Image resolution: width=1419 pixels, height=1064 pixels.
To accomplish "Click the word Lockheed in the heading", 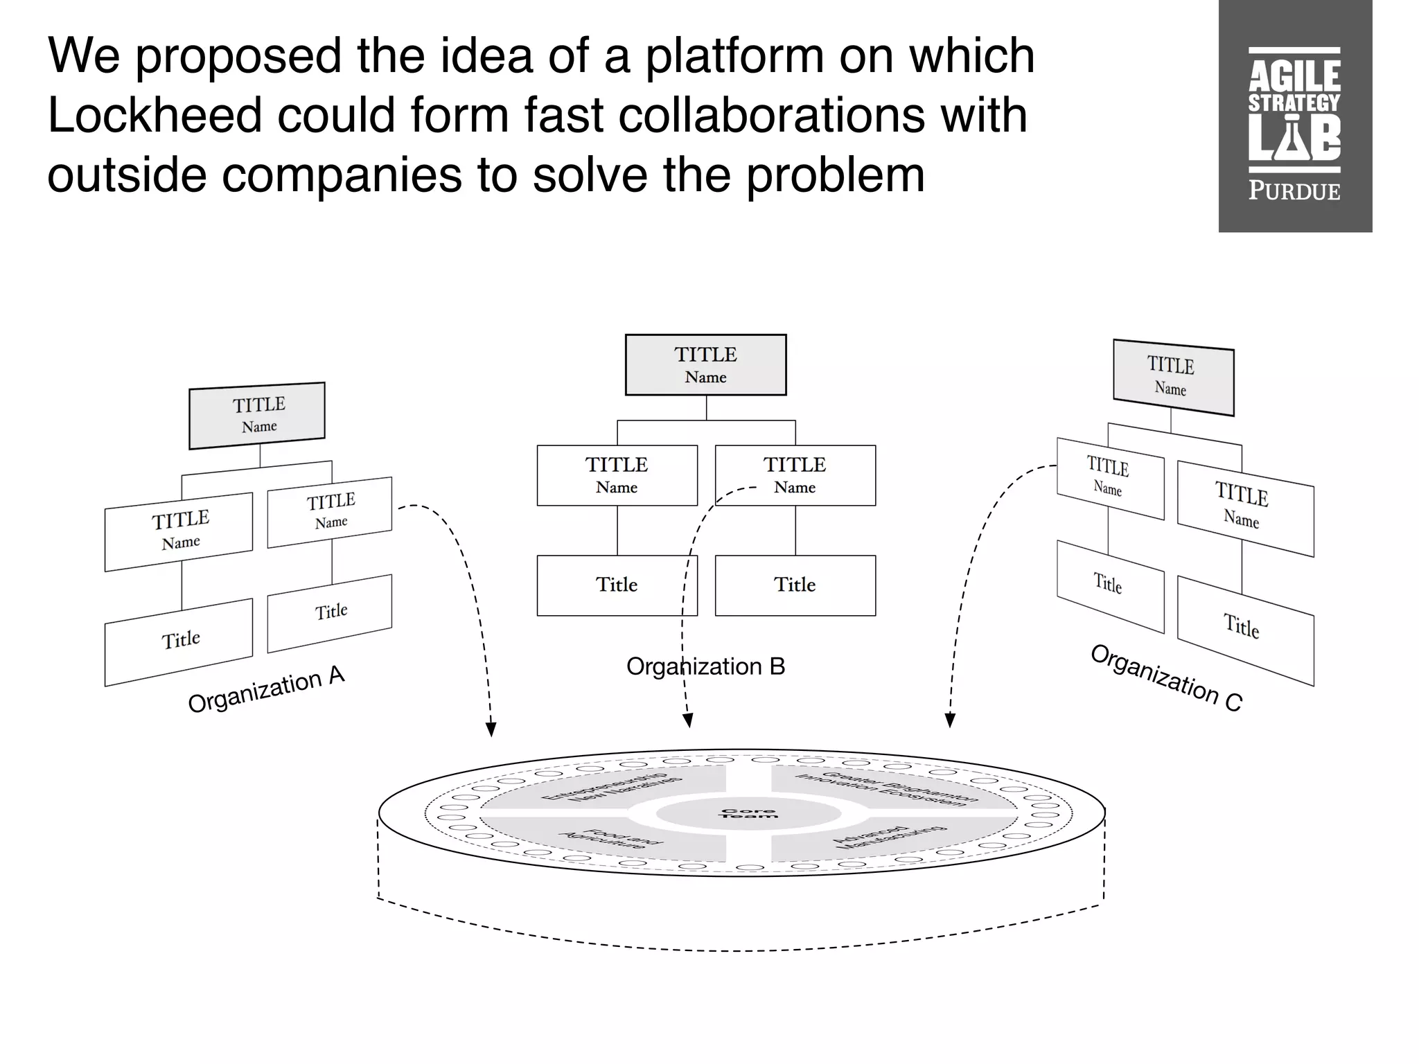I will (x=155, y=114).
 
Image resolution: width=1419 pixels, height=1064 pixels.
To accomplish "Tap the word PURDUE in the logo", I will (x=1294, y=190).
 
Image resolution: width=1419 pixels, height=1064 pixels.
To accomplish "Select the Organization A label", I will (x=266, y=689).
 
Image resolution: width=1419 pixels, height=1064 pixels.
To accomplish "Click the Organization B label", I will (x=705, y=666).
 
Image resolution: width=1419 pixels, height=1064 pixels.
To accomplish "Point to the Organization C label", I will (x=1166, y=678).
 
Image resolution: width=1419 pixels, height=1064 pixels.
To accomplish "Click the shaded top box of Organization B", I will (x=705, y=365).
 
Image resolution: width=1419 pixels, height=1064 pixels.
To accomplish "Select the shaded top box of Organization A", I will (x=257, y=415).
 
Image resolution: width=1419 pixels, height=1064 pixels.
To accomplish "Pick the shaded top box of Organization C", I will (x=1173, y=378).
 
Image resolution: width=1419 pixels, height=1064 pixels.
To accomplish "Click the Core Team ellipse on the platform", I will (x=748, y=813).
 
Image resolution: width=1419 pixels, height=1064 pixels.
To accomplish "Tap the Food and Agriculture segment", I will (x=610, y=839).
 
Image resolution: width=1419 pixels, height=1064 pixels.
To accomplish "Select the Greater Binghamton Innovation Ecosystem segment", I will (x=887, y=788).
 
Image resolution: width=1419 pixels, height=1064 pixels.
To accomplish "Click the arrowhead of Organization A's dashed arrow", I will (x=491, y=729).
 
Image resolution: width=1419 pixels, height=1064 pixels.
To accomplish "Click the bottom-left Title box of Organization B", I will (x=617, y=585).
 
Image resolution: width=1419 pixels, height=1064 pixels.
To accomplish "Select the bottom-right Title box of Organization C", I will (x=1244, y=630).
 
